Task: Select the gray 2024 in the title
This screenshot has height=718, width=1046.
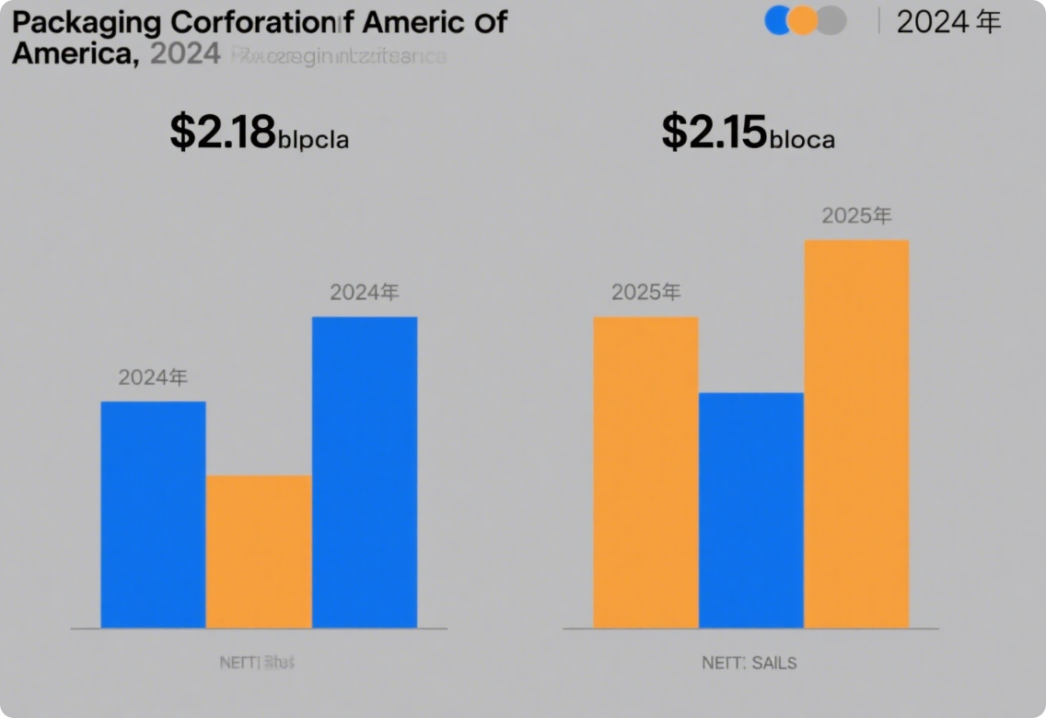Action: click(x=184, y=54)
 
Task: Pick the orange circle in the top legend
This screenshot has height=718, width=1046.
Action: click(x=804, y=20)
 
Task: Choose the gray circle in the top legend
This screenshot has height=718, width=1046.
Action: click(x=831, y=20)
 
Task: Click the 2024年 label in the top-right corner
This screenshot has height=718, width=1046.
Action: click(x=948, y=22)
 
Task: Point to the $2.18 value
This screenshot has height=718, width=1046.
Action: click(x=223, y=133)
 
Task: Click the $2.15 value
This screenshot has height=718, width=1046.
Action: click(x=715, y=133)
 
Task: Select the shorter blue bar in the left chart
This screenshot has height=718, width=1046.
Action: click(x=153, y=515)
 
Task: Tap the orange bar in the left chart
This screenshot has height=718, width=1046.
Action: click(x=259, y=551)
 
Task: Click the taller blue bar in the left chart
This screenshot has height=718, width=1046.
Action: click(x=365, y=472)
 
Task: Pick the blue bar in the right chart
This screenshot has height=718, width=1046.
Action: click(x=751, y=510)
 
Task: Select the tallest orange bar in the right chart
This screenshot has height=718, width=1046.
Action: click(x=856, y=434)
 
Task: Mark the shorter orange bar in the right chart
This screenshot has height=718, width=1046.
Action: click(x=645, y=472)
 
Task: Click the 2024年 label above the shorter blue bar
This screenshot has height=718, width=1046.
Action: click(x=153, y=377)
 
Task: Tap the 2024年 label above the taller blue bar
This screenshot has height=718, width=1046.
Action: click(x=365, y=293)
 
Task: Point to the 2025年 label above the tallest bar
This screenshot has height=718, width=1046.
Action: click(x=856, y=216)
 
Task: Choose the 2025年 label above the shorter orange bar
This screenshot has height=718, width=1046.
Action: click(x=645, y=293)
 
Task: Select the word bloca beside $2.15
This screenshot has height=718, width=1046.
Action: click(x=802, y=139)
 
